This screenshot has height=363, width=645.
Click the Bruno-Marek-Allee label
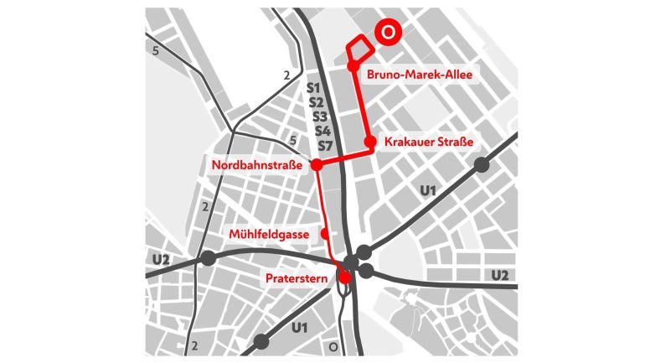420,75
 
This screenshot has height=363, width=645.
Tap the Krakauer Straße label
429,143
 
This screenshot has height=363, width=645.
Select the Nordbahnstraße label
257,165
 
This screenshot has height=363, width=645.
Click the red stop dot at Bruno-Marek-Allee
353,65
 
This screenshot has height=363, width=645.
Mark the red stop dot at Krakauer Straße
370,142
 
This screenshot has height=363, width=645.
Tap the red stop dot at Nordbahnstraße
317,165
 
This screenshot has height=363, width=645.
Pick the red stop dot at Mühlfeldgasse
327,234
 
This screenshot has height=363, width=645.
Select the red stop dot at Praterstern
343,277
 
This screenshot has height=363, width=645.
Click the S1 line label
315,87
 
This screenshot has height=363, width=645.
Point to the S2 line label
316,102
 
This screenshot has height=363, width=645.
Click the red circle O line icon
387,31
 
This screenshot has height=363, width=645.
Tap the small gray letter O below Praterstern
333,345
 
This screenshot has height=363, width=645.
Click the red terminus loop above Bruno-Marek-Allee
357,48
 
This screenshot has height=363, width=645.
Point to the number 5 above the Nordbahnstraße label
292,141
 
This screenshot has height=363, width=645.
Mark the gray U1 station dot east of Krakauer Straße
482,165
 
